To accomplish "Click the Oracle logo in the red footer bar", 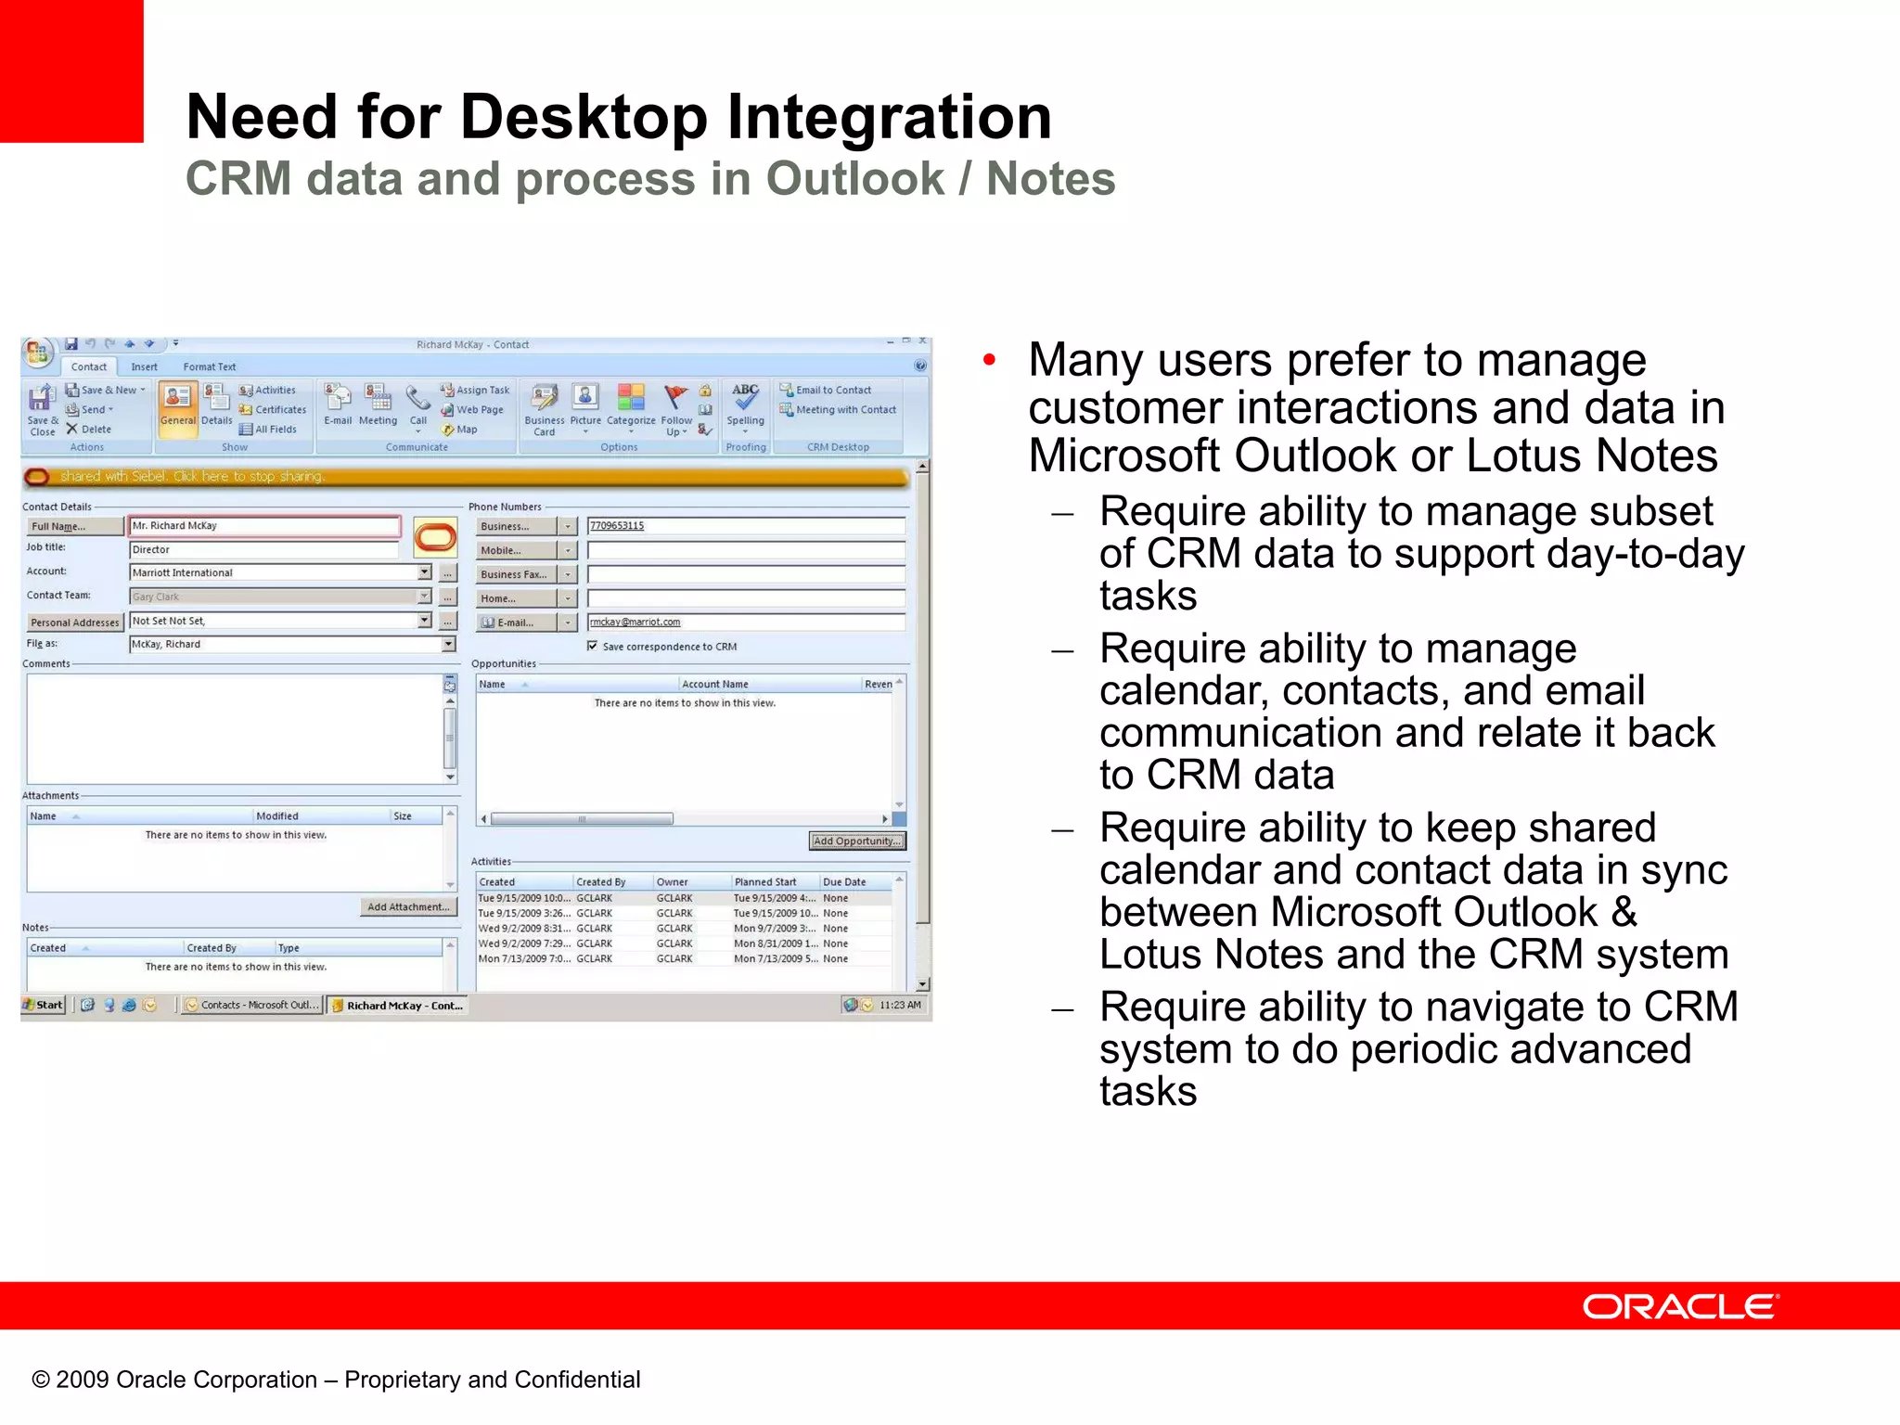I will click(x=1680, y=1306).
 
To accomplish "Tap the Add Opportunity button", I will click(x=856, y=841).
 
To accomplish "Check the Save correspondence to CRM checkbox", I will click(x=592, y=646).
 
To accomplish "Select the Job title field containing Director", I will click(x=264, y=549).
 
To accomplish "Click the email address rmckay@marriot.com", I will click(x=635, y=622).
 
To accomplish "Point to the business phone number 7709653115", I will click(x=617, y=525).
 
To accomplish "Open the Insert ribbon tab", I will click(x=144, y=366).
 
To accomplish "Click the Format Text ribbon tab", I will click(x=209, y=366).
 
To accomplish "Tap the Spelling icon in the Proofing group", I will click(x=745, y=399).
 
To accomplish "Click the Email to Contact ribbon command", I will click(x=832, y=390).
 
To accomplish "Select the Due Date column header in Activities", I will click(x=844, y=881).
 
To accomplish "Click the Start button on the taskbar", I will click(x=44, y=1005).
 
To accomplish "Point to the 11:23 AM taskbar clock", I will click(x=899, y=1005).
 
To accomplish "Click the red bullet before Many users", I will click(x=989, y=359).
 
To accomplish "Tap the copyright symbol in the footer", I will click(x=40, y=1380).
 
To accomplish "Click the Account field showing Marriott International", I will click(x=274, y=572).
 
